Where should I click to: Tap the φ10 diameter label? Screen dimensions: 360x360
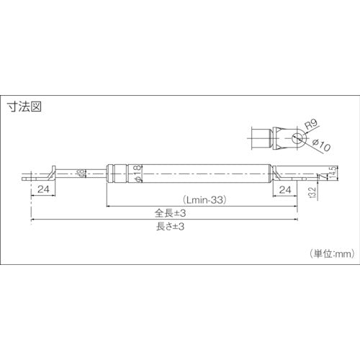point(322,146)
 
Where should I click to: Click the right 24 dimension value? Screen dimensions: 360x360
point(284,189)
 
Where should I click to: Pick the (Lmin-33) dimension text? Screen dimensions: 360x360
point(205,201)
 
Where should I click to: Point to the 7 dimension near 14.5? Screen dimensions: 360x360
point(325,176)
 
